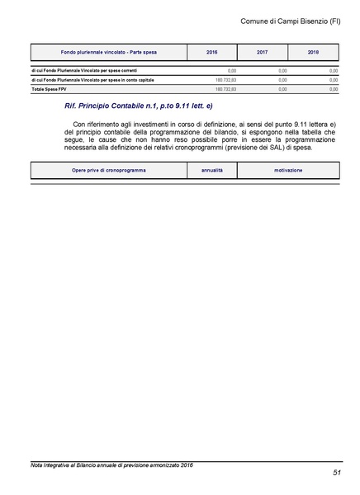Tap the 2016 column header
(212, 52)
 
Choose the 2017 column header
(263, 52)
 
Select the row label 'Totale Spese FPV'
(50, 87)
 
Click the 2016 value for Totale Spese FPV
(225, 87)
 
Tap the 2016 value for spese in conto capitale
(225, 79)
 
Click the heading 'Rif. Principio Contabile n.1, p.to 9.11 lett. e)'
(138, 107)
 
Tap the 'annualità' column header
(218, 170)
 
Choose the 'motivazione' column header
(288, 170)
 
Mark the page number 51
(337, 474)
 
